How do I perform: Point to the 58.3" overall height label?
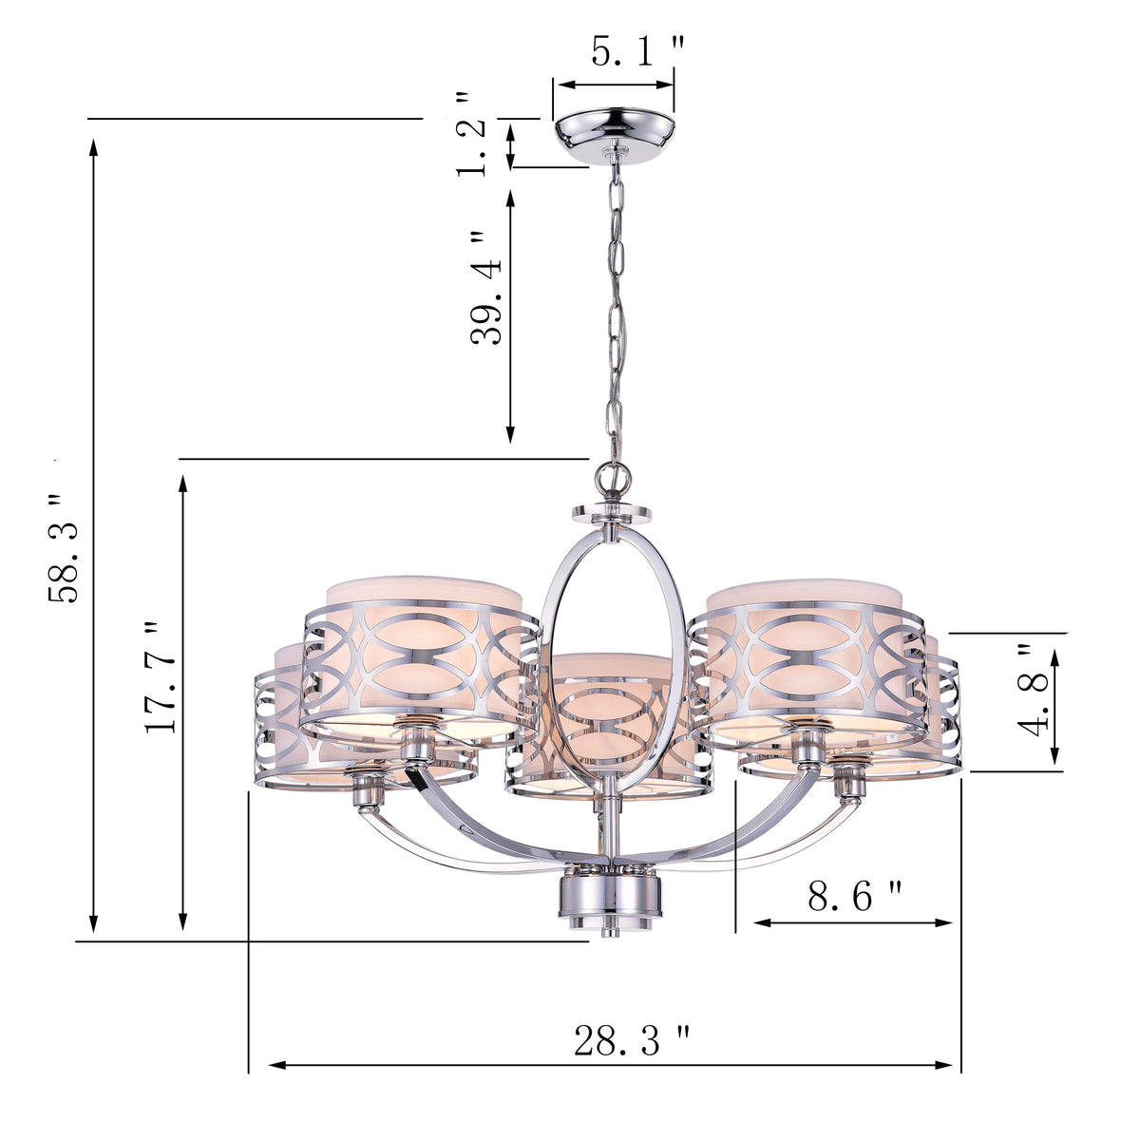68,548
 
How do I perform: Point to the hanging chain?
617,304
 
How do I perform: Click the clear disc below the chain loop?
612,514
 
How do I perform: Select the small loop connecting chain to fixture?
609,474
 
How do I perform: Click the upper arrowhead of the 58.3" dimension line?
93,145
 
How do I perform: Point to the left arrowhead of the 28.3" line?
276,1065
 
